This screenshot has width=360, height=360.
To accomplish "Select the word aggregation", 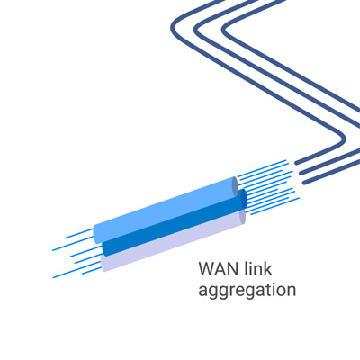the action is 247,290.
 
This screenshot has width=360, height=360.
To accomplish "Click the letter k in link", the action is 269,268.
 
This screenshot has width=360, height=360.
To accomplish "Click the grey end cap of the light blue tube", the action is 235,186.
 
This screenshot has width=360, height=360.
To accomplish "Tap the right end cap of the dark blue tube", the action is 243,199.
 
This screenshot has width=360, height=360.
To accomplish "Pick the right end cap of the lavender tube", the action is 242,216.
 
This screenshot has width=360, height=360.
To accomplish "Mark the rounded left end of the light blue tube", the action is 96,233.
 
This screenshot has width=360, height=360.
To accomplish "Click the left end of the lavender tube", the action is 103,264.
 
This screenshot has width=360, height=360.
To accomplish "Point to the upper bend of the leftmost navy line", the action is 173,27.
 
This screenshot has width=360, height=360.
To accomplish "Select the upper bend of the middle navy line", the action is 196,29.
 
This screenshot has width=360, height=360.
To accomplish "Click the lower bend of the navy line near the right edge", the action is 343,139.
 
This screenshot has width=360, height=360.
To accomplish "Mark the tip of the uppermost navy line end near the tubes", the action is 296,163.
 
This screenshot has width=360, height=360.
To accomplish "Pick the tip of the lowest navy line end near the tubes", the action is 305,183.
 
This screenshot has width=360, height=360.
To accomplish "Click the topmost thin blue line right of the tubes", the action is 262,168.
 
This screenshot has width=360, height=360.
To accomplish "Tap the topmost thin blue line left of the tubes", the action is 79,233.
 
